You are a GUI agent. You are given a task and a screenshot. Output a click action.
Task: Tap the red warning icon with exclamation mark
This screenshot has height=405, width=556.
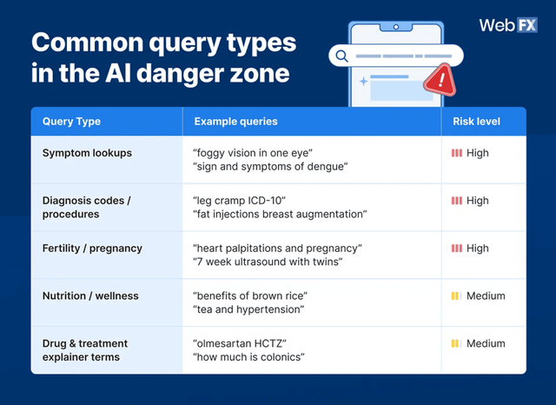point(440,82)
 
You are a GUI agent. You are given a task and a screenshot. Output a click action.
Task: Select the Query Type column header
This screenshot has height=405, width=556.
point(71,122)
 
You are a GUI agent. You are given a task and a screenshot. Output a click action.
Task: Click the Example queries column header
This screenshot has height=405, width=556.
point(235,122)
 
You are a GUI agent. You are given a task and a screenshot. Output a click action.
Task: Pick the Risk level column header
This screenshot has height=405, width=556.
point(476,122)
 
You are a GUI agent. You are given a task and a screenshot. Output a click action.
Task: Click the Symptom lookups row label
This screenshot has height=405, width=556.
point(87,153)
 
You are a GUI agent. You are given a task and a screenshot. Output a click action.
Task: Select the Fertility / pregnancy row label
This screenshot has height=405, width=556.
point(92,249)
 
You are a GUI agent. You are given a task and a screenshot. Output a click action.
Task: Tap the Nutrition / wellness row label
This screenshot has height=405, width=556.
point(90,296)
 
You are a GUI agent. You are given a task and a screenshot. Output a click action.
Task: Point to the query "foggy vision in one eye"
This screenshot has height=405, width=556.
point(252,153)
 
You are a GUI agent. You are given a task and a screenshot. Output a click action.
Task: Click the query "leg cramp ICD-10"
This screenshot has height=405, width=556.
point(239,201)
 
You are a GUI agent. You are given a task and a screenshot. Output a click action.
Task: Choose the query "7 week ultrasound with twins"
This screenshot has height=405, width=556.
point(268,262)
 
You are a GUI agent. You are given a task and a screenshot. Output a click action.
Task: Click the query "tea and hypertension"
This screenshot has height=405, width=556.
point(248,310)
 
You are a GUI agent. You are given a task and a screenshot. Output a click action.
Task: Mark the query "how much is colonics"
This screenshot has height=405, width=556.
point(248,358)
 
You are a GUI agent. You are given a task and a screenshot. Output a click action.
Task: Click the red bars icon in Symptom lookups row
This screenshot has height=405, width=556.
point(456,153)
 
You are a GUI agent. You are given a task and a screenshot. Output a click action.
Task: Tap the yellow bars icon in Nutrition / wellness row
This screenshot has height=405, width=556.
point(455,296)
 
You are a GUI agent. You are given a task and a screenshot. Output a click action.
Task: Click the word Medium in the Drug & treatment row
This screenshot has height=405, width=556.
point(486,344)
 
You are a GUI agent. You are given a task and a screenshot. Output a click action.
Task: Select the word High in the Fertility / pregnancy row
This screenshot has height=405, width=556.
point(478,249)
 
